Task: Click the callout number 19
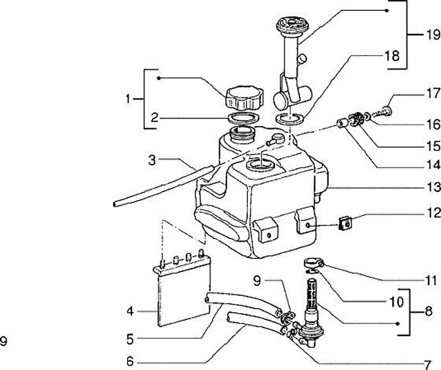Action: click(x=433, y=35)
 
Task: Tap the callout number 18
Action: click(x=392, y=56)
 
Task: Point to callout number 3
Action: click(x=152, y=160)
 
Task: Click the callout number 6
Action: click(x=130, y=361)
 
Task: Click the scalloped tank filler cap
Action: click(x=244, y=98)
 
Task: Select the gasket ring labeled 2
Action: click(x=244, y=117)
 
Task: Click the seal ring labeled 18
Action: click(x=290, y=119)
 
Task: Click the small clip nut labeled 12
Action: click(x=345, y=223)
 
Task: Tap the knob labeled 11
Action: click(x=314, y=264)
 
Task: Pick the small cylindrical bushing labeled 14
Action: click(x=342, y=124)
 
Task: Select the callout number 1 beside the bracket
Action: click(x=128, y=99)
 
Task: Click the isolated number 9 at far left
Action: click(x=4, y=342)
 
